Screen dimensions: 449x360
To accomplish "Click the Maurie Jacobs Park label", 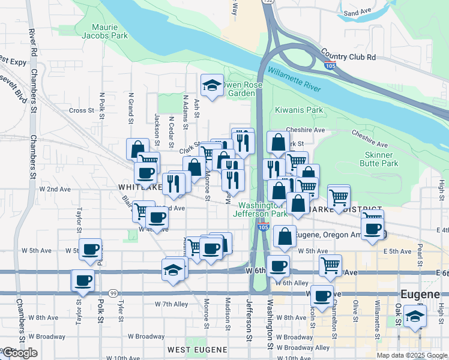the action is coord(110,31).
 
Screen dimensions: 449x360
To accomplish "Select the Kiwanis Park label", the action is coord(299,110).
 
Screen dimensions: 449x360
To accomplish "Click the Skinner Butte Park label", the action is coord(381,158).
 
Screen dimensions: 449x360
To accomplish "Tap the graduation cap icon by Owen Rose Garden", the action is coord(211,85).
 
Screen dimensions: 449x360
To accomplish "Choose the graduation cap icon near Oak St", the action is coord(414,316).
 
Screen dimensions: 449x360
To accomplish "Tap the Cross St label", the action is coord(82,110).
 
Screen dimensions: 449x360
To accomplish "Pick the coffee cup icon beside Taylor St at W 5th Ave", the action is coord(90,249).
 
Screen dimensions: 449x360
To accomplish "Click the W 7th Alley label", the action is coord(172,304).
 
